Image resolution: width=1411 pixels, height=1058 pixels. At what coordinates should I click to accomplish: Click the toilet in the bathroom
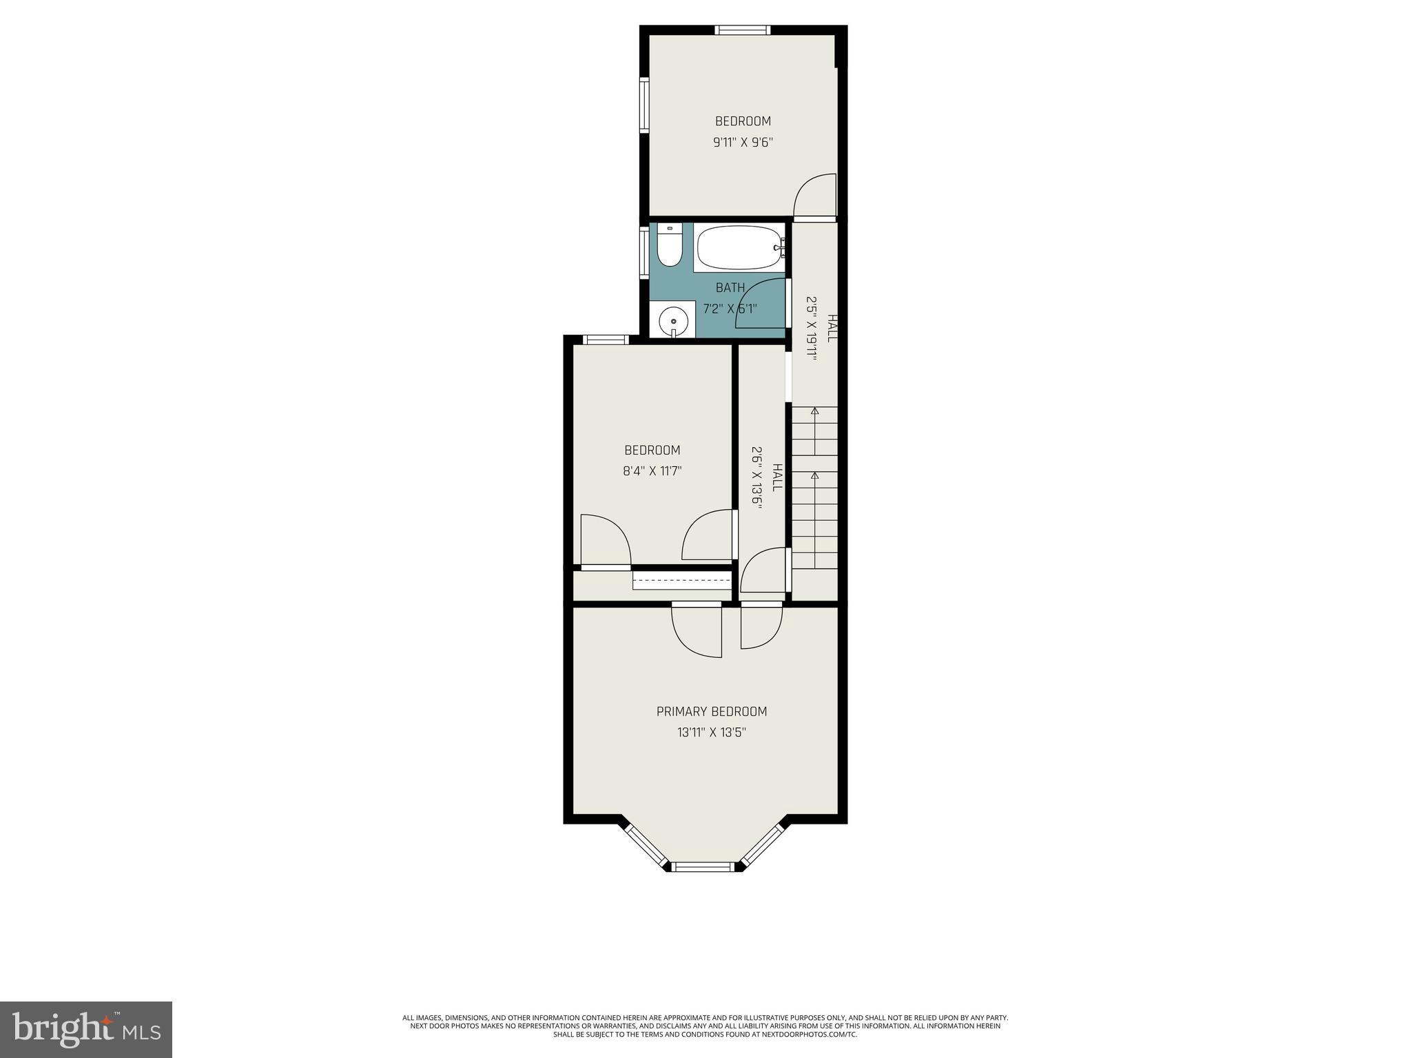(668, 246)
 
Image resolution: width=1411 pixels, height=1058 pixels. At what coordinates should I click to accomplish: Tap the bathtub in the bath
(739, 248)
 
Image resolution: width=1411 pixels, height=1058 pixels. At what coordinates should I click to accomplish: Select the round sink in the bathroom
(673, 321)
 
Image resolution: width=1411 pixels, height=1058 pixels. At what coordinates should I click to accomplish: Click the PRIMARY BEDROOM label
(711, 712)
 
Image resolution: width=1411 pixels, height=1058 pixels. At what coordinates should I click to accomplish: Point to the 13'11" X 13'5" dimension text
(711, 732)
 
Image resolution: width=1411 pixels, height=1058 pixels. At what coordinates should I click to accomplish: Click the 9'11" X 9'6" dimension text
(743, 143)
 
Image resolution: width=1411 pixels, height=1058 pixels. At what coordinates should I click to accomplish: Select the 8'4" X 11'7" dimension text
(652, 471)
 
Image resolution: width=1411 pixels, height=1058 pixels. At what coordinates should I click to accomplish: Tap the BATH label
(730, 287)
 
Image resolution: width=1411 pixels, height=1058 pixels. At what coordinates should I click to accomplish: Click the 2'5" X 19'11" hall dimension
(812, 329)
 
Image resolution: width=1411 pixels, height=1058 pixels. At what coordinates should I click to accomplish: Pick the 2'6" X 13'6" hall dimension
(756, 478)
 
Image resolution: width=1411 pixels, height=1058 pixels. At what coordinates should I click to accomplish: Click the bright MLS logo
(86, 1029)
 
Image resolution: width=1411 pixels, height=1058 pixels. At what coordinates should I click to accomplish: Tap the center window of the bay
(704, 867)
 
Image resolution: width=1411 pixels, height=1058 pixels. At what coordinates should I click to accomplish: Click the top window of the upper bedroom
(742, 30)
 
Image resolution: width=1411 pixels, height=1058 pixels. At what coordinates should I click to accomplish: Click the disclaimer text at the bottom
(705, 1045)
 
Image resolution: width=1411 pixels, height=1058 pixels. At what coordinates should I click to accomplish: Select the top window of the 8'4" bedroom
(606, 339)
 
